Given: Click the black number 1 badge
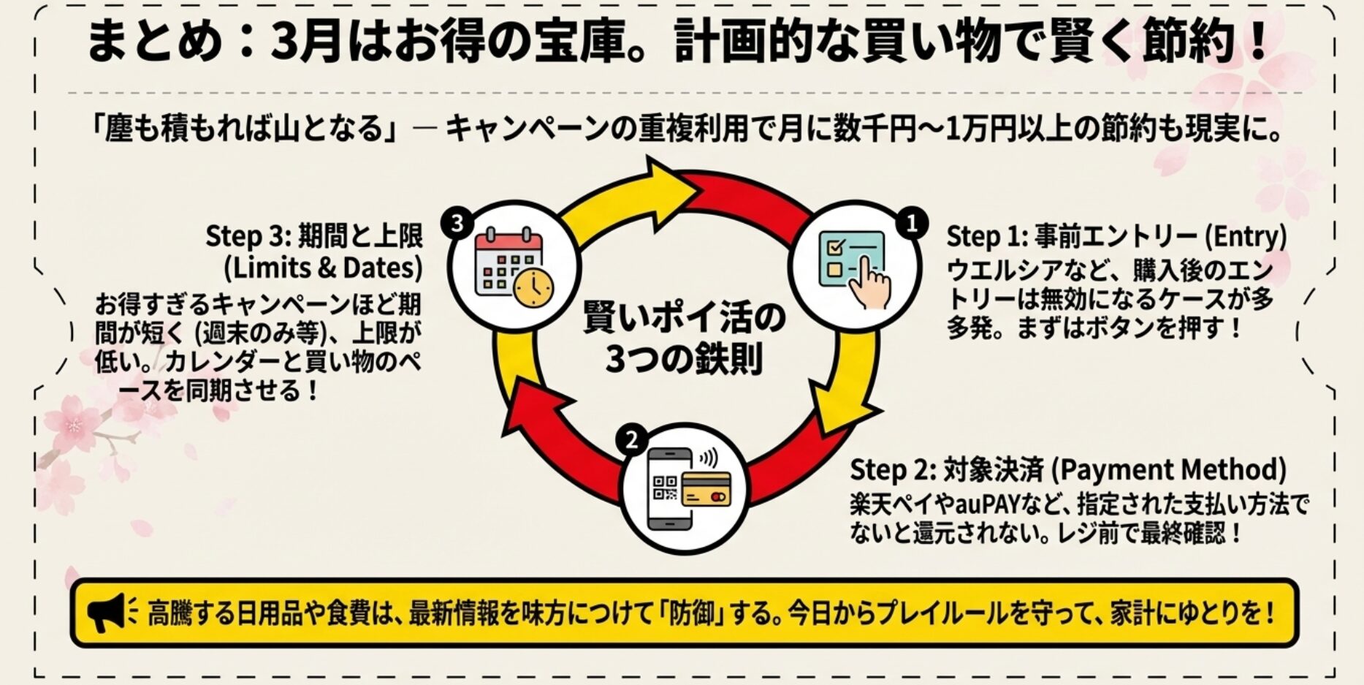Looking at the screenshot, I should [911, 223].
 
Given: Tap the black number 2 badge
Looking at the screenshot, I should [631, 439].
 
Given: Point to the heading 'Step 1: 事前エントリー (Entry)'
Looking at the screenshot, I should [1116, 237].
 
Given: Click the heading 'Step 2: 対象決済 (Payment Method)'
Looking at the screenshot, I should [1068, 469].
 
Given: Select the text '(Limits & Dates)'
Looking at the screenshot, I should [323, 268].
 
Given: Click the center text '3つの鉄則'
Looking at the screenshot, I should [684, 359].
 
